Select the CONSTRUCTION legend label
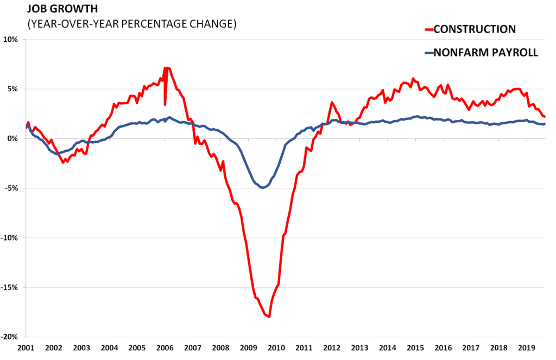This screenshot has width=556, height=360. coord(475,29)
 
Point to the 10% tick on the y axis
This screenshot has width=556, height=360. coord(11,40)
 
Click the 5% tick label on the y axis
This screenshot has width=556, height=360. coord(13,89)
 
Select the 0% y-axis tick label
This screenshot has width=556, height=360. coord(13,138)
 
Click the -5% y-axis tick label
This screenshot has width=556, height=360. coord(12,188)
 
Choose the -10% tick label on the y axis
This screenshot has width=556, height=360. coord(10,238)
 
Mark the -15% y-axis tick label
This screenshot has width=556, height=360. coord(10,287)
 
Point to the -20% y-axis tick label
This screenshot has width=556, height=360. coord(10,337)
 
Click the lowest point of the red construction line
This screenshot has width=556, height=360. coord(269,317)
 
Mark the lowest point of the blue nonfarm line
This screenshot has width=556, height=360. coord(263,187)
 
